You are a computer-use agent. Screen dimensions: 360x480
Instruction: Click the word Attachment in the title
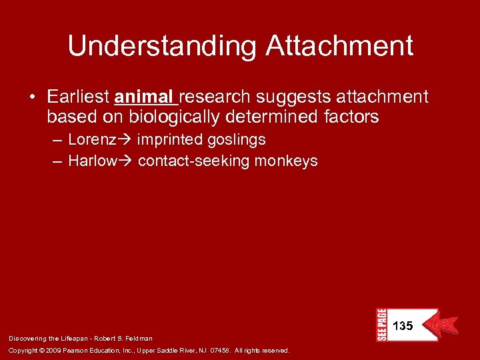339,46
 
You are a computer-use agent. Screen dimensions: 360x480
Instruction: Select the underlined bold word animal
143,97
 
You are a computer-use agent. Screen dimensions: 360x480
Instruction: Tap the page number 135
403,326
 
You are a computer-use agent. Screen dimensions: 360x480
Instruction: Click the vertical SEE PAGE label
382,325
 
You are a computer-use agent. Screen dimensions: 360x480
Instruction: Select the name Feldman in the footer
138,339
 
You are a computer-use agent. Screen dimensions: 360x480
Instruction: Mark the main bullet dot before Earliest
31,98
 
